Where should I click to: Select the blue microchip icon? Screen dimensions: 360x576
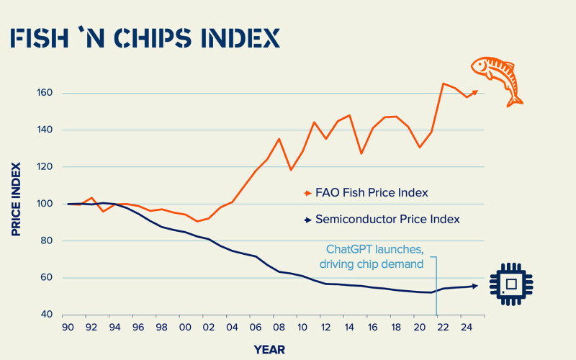pyautogui.click(x=510, y=284)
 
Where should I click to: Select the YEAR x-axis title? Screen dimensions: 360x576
pyautogui.click(x=270, y=349)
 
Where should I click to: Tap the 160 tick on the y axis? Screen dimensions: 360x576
pyautogui.click(x=46, y=93)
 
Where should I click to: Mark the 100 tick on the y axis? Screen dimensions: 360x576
pyautogui.click(x=46, y=204)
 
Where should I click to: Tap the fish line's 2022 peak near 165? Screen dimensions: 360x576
pyautogui.click(x=443, y=84)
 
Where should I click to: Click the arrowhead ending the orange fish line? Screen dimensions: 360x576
pyautogui.click(x=474, y=91)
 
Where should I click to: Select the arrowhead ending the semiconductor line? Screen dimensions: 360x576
pyautogui.click(x=474, y=286)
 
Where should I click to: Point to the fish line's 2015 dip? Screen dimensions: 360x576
pyautogui.click(x=361, y=153)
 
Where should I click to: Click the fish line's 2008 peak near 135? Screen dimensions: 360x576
pyautogui.click(x=279, y=139)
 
